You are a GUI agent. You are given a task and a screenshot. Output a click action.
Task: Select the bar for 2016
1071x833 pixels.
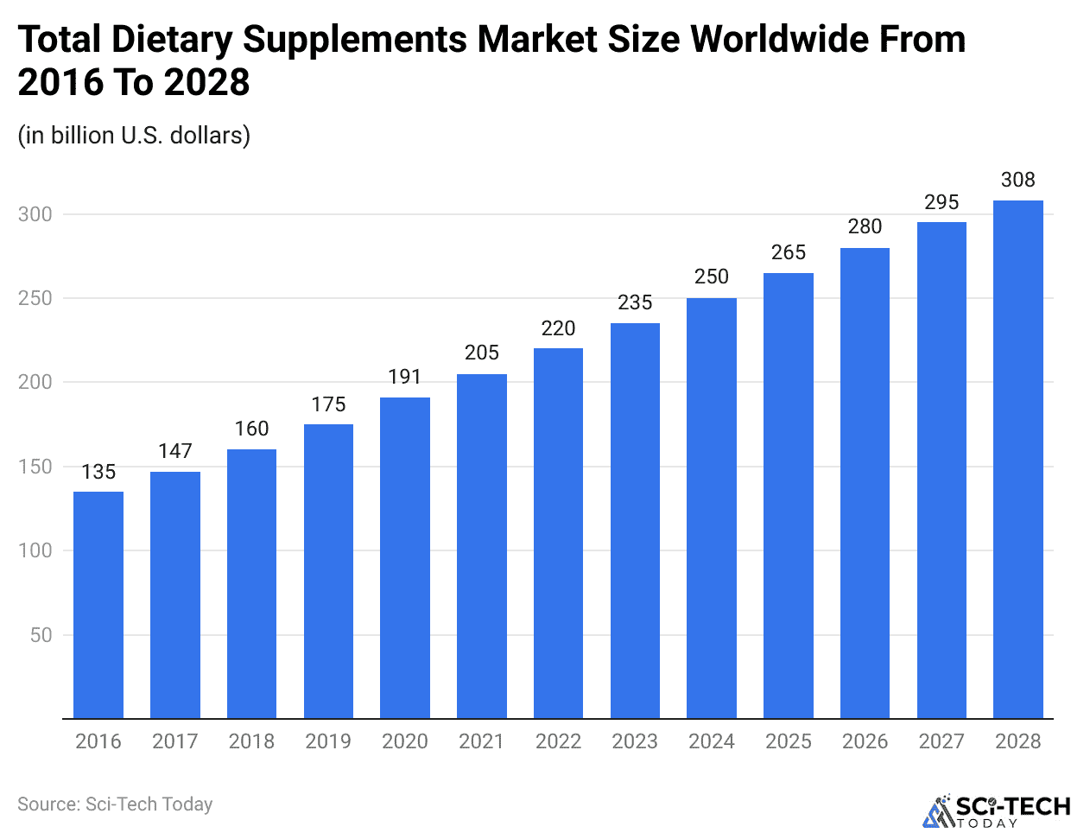[x=98, y=605]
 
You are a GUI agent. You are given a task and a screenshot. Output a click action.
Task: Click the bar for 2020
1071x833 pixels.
[x=405, y=558]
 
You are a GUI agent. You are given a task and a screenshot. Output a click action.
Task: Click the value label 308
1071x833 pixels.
[x=1018, y=180]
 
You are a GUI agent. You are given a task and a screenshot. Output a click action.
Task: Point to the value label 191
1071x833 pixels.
[x=405, y=377]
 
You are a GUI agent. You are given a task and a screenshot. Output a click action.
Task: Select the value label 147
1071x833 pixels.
[x=175, y=451]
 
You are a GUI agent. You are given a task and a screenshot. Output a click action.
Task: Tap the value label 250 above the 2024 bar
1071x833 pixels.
[x=712, y=277]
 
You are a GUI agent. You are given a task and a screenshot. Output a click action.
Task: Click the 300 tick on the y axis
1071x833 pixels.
[x=35, y=214]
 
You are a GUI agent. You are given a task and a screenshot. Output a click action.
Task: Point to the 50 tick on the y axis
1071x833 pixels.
[x=41, y=635]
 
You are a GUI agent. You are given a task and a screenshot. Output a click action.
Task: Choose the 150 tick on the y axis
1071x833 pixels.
[x=35, y=467]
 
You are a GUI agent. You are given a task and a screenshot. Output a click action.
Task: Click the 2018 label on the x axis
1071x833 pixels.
[x=251, y=741]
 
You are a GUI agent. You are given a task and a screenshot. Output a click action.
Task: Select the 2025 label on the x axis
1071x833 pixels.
[x=789, y=741]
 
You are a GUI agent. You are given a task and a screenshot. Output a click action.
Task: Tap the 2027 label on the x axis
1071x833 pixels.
[x=941, y=741]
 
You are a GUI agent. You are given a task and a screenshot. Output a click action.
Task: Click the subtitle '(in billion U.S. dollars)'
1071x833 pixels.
[x=134, y=136]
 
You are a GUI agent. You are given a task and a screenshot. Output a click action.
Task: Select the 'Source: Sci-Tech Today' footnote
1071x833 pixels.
[x=115, y=804]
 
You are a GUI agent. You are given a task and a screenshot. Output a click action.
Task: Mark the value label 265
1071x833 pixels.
[x=789, y=252]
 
